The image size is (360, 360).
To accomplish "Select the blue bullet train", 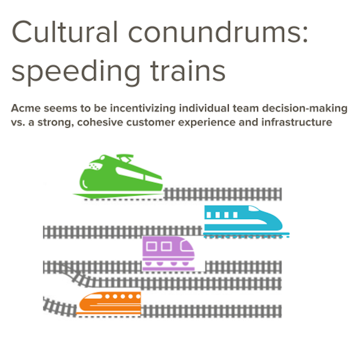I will [243, 220].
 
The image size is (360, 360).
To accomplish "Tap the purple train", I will [169, 253].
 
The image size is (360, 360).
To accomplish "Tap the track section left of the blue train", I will [121, 232].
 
